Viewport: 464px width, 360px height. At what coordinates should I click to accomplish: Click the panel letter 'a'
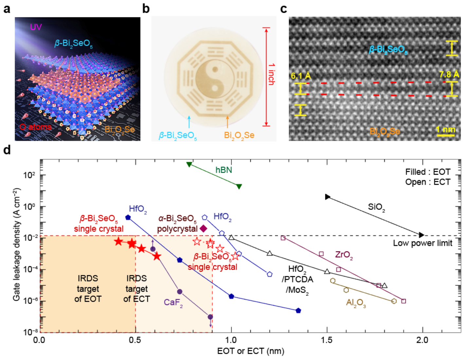point(7,9)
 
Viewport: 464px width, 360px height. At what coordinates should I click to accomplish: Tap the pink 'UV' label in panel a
point(36,27)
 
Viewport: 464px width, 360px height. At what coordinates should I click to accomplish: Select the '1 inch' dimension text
point(271,74)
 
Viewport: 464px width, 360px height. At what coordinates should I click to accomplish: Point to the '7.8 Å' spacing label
point(449,75)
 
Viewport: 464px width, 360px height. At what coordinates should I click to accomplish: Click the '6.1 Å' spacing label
point(301,76)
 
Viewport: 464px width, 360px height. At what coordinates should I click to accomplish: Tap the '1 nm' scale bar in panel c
point(445,130)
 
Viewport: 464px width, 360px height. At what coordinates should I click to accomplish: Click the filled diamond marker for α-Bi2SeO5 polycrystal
point(203,228)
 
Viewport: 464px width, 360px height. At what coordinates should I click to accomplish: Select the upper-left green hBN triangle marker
point(189,164)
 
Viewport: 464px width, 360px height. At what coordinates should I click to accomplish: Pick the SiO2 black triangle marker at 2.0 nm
point(421,235)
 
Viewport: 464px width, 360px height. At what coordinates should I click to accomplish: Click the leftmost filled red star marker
point(118,242)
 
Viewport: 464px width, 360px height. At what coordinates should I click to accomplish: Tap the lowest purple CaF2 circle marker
point(210,317)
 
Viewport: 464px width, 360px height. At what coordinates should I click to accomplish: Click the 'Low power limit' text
point(422,243)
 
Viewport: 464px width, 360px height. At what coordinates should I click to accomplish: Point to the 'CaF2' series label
point(173,302)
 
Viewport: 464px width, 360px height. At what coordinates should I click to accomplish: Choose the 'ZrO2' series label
point(344,255)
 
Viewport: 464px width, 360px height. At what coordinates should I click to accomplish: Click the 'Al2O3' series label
point(356,303)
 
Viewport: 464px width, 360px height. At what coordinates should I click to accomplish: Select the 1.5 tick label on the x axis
point(327,340)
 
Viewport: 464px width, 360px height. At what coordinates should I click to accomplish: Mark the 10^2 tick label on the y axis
point(29,175)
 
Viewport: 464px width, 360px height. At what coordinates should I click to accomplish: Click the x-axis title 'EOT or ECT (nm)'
point(250,351)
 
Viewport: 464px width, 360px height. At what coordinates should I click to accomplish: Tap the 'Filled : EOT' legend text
point(428,172)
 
